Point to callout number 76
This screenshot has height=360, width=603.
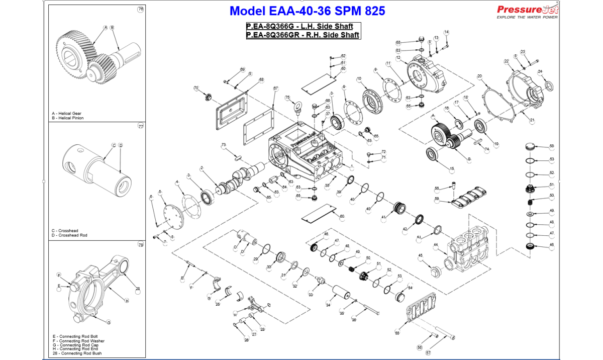tap(140, 10)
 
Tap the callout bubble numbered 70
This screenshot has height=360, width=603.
tap(196, 88)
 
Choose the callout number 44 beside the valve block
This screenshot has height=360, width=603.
tap(436, 245)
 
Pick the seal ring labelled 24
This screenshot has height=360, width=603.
tap(549, 85)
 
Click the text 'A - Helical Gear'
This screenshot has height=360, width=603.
tap(67, 114)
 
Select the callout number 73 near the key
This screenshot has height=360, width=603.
tap(224, 145)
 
